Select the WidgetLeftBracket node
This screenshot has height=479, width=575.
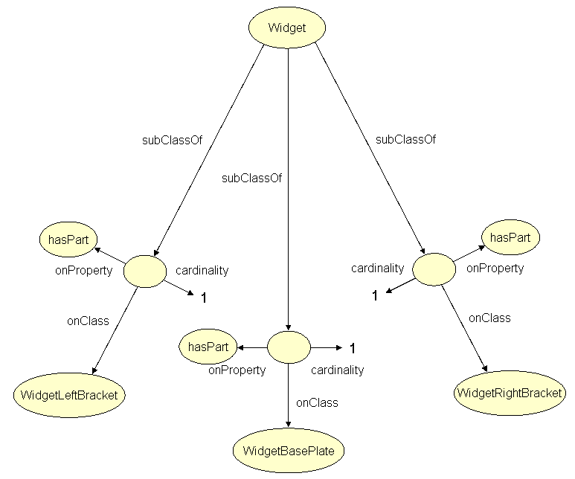tap(68, 395)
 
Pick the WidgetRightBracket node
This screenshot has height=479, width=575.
tap(508, 393)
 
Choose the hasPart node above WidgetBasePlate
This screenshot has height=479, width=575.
tap(207, 347)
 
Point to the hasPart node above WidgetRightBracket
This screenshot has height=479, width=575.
tap(510, 238)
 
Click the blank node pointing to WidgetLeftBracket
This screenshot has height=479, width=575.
tap(145, 270)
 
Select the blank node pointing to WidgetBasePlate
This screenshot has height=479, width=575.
tap(288, 347)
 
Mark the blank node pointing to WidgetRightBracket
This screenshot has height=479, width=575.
tap(434, 269)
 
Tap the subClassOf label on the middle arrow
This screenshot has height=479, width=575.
tap(251, 178)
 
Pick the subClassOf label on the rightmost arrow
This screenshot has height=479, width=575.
tap(405, 139)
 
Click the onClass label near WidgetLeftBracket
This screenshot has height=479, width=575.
tap(88, 321)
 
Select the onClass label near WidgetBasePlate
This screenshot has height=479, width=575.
tap(317, 403)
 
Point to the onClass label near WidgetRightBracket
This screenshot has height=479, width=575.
tap(489, 318)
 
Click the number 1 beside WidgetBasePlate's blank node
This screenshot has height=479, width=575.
tap(353, 348)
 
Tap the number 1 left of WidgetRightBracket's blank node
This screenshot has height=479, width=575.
tap(376, 295)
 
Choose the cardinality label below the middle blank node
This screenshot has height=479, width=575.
tap(338, 370)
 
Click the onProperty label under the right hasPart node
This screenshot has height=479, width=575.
tap(495, 269)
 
